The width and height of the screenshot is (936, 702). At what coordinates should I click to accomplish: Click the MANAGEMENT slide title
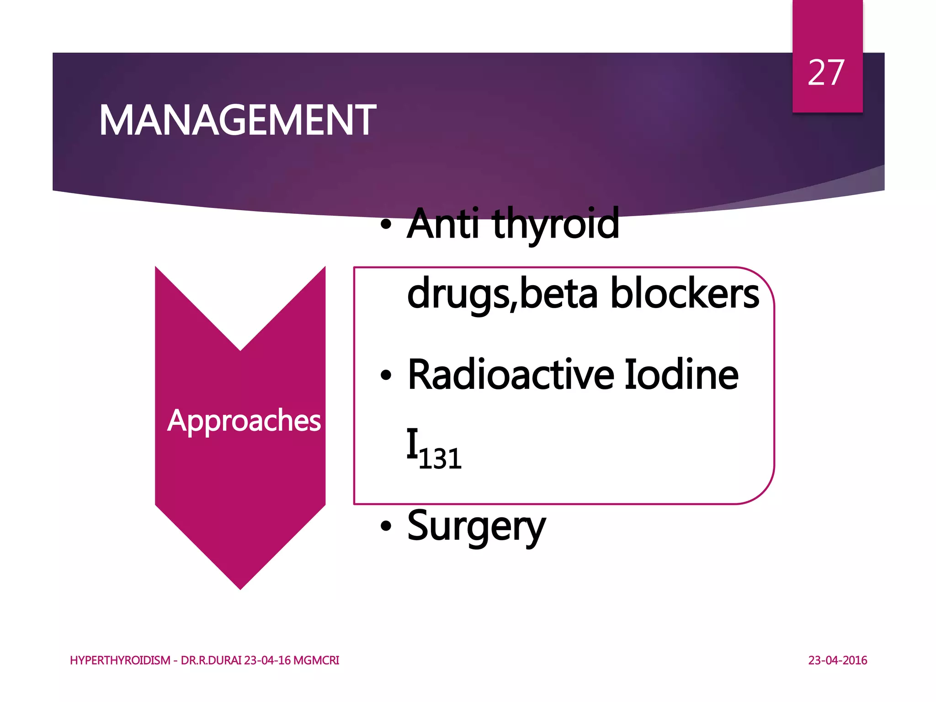237,121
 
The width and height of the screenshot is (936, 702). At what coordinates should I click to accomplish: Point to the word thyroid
556,225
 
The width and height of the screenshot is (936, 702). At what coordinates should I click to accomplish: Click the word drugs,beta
502,294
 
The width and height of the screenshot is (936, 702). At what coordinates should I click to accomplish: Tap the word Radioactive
511,375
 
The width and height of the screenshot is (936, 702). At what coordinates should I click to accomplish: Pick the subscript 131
440,459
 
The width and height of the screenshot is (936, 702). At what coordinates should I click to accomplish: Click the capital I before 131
412,443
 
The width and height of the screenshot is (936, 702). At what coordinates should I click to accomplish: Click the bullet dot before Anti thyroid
386,224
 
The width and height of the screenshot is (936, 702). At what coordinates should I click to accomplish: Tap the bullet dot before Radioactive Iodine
386,375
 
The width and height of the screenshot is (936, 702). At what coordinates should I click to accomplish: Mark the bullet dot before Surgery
386,526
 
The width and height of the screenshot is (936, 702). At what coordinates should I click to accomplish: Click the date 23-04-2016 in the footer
837,660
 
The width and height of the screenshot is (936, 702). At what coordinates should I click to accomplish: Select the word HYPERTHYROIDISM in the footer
120,660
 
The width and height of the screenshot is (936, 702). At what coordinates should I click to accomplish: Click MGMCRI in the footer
316,660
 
